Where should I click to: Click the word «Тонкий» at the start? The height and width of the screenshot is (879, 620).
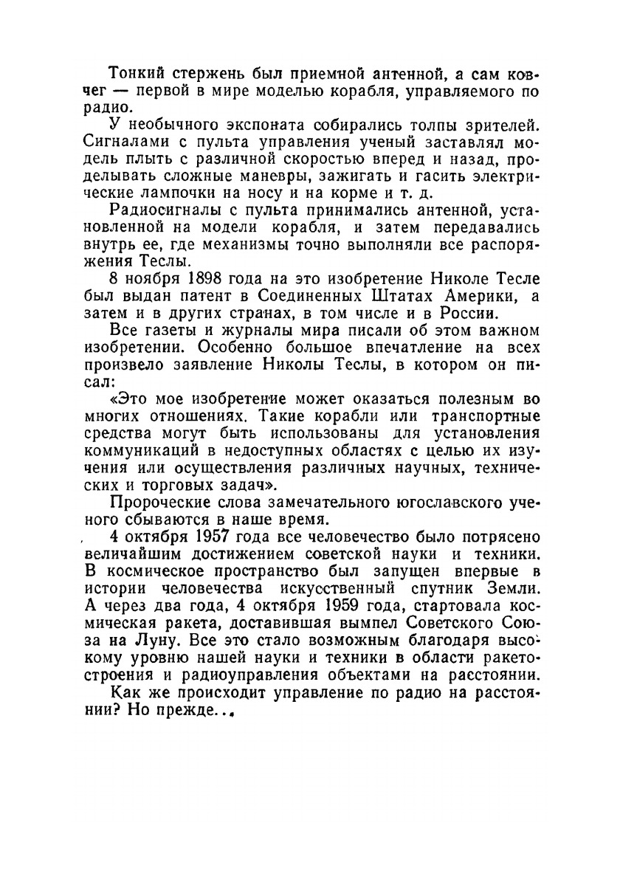[134, 75]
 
